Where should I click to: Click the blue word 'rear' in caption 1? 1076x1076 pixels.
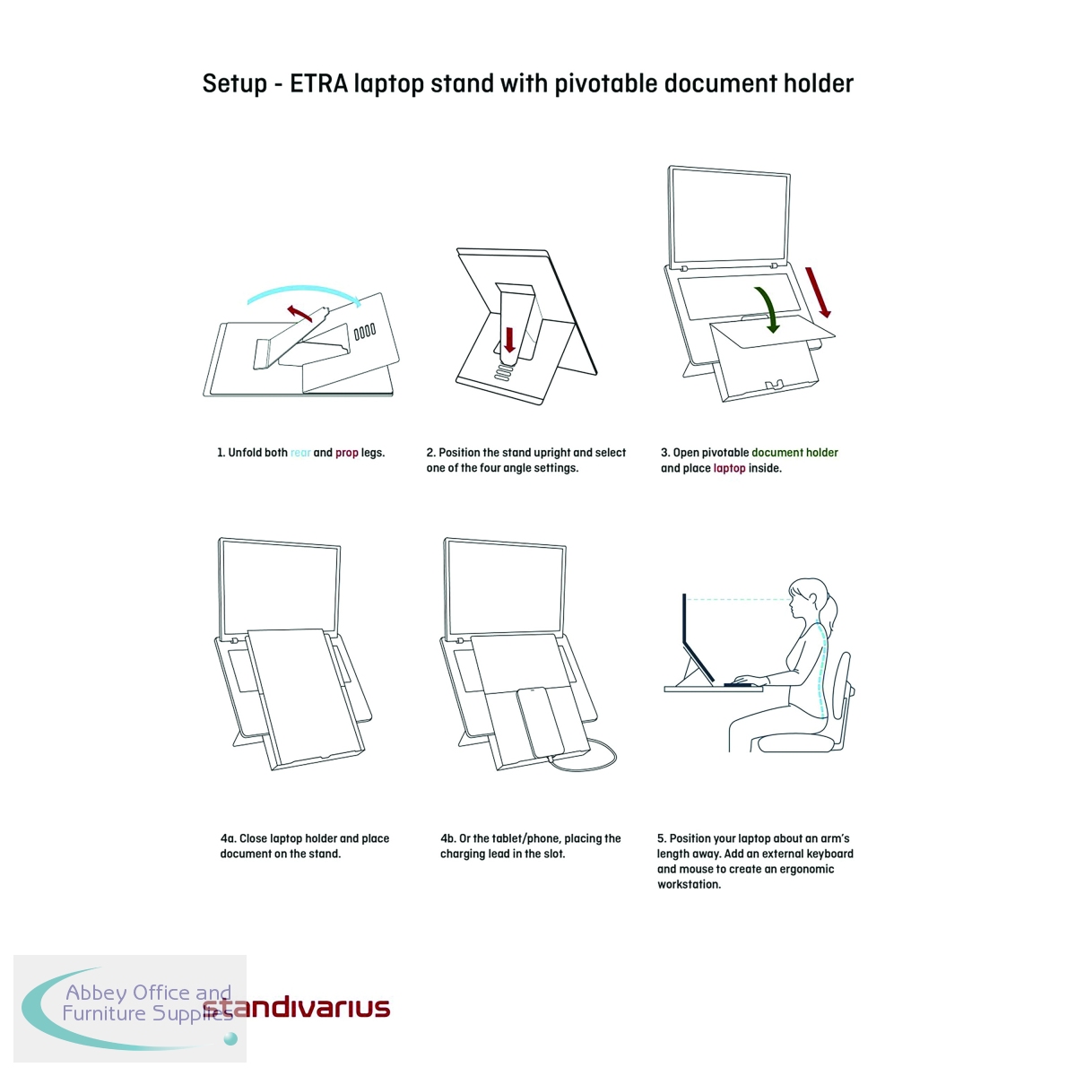300,453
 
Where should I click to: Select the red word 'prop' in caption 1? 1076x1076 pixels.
347,454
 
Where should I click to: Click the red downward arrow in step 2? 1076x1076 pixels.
509,340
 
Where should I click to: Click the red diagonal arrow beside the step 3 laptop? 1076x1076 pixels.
818,292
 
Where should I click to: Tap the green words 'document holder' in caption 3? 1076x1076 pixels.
794,453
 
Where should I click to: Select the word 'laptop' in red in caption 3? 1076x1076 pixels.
729,468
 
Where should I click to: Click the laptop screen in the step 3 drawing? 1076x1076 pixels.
729,216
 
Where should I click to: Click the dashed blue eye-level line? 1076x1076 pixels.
738,600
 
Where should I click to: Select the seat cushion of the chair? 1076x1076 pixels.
795,742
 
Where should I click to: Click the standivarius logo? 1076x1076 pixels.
297,1008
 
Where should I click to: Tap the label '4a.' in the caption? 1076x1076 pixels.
228,838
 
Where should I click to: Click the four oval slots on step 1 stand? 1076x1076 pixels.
365,332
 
